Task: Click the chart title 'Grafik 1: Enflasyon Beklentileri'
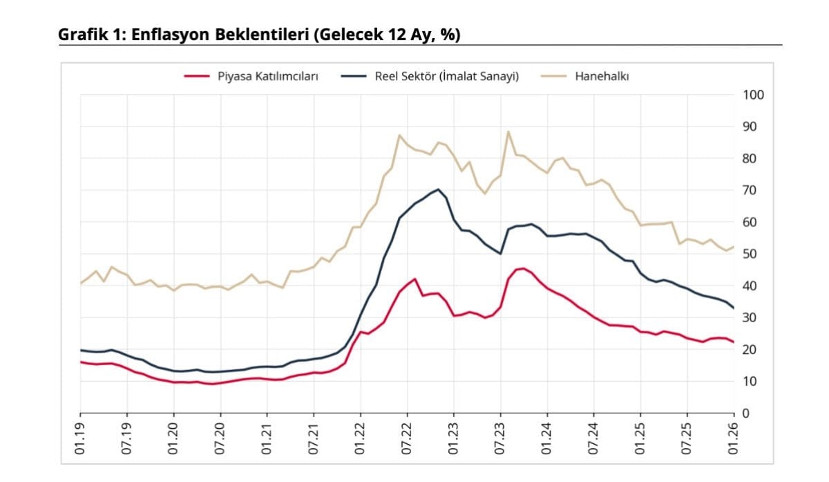pos(259,34)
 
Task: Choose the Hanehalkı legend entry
pos(602,77)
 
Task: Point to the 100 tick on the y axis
pos(753,95)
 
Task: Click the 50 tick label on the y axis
pos(750,254)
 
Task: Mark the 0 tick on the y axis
pos(746,413)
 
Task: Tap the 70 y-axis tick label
pos(750,190)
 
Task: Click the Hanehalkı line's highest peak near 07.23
pos(508,131)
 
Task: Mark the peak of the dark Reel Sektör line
pos(438,189)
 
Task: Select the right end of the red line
pos(733,342)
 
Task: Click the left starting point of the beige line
pos(81,284)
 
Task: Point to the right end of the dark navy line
pos(733,308)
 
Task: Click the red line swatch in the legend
pos(196,77)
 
